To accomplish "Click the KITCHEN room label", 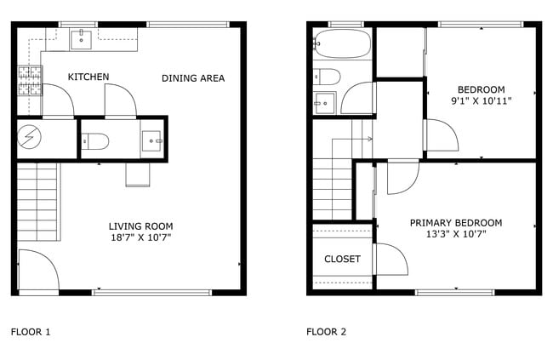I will [88, 77].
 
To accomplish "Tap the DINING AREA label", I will [193, 78].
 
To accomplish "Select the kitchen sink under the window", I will [83, 37].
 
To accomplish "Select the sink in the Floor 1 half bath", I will [152, 138].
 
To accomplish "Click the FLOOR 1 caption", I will [30, 332].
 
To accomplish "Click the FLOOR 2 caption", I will [326, 332].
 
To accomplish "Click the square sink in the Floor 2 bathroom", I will [324, 103].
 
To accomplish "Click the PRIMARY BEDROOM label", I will [456, 223].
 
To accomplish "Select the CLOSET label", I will [342, 259].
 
